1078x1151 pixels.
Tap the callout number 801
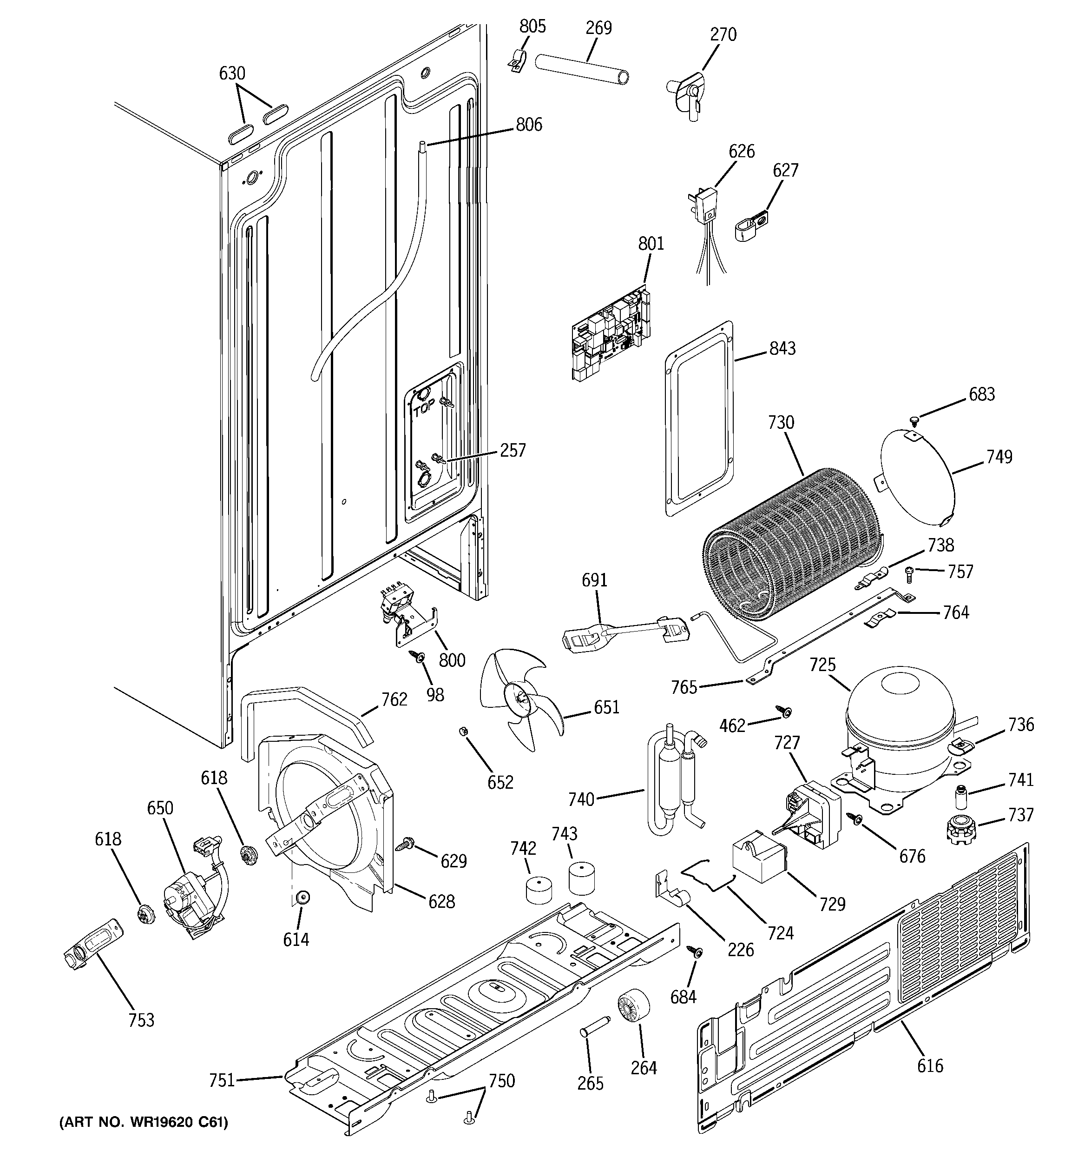[x=651, y=244]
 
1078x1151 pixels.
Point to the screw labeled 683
[x=915, y=418]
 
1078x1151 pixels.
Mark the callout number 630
[x=232, y=73]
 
